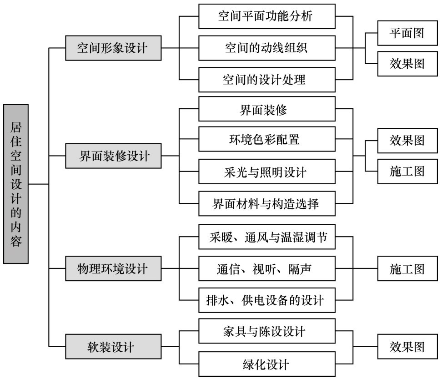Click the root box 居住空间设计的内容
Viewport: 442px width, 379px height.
[x=16, y=184]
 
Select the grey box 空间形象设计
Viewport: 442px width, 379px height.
[x=113, y=48]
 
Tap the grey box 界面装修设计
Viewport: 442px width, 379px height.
[x=113, y=156]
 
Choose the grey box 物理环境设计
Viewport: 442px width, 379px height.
[x=113, y=268]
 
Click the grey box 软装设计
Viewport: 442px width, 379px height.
[x=113, y=347]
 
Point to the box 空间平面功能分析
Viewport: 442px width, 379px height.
[x=267, y=16]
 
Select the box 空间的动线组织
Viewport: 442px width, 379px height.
[x=267, y=48]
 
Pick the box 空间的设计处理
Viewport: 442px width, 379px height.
[x=267, y=80]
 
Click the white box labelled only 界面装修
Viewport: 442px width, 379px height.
[x=267, y=109]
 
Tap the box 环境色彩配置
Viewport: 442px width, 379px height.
[x=267, y=139]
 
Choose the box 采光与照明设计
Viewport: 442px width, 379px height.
[x=267, y=172]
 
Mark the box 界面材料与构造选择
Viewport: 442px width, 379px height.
[x=267, y=203]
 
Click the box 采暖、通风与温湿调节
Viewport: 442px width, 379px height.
[x=267, y=237]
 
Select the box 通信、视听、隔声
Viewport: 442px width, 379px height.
[x=267, y=268]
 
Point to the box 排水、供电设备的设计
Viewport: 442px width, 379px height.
[x=267, y=300]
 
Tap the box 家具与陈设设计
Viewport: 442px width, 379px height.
[x=267, y=331]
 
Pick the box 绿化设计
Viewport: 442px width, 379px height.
[x=267, y=364]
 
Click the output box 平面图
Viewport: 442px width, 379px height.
[x=407, y=33]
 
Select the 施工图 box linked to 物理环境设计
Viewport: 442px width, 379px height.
[x=407, y=268]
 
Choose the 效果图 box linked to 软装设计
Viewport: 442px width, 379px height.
[x=407, y=347]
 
